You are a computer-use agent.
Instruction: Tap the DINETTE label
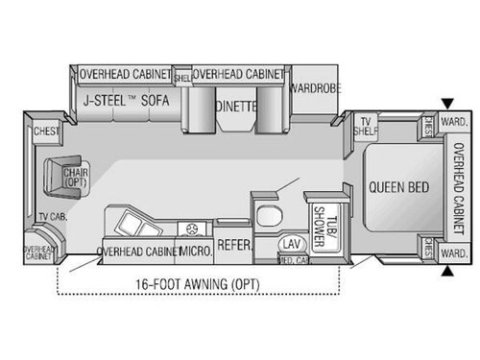click(x=236, y=107)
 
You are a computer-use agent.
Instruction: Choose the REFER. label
click(x=233, y=248)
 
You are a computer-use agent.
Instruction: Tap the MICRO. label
click(x=196, y=252)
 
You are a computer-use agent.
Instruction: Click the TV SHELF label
click(x=365, y=128)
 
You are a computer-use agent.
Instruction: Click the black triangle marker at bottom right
click(x=447, y=273)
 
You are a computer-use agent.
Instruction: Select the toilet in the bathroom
click(x=266, y=212)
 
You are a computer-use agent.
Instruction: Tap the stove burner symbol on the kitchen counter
click(x=195, y=228)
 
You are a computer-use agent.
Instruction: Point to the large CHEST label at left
click(x=46, y=131)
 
